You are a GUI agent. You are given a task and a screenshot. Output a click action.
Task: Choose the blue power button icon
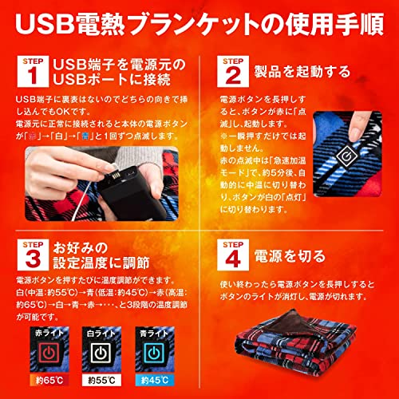[x=170, y=351]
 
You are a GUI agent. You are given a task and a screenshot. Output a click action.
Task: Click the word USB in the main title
[x=47, y=23]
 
